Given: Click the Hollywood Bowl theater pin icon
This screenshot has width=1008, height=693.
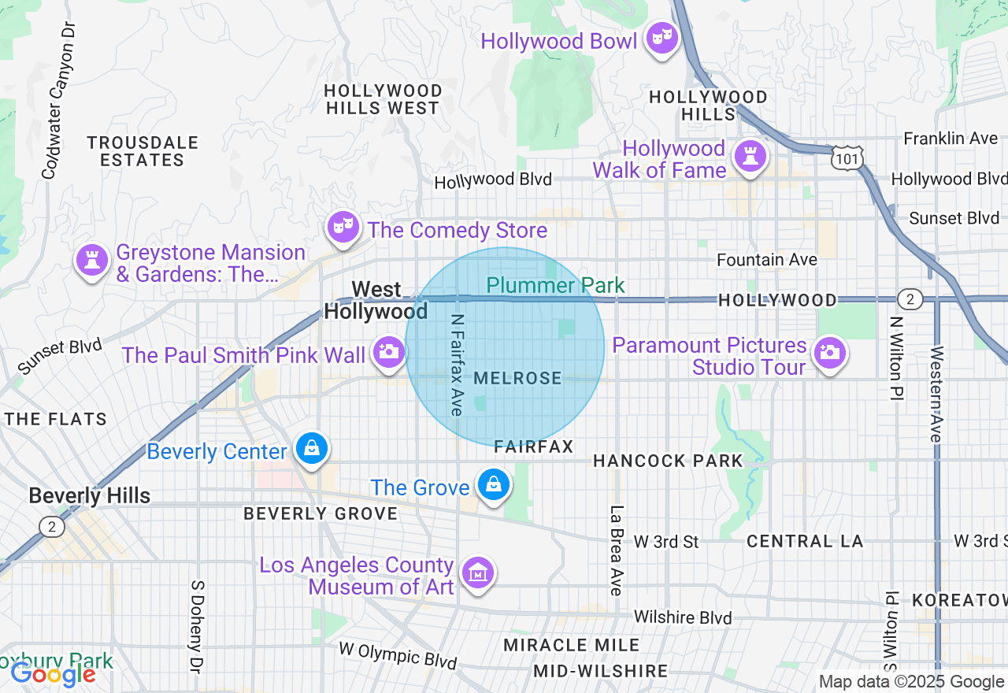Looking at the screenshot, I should [662, 37].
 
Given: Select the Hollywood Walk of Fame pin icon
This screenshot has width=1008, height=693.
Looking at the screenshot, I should [749, 157].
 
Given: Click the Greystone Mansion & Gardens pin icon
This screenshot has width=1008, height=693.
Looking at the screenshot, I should [91, 261].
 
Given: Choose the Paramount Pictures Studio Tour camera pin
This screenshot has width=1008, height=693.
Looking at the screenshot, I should [828, 353].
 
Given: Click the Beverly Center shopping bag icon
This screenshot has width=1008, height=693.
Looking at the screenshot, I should [312, 449].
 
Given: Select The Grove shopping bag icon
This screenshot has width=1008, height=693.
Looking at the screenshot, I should [494, 485].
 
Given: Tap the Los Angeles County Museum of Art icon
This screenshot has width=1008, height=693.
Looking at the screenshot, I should [477, 573].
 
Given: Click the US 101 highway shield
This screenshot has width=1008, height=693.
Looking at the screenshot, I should [847, 158].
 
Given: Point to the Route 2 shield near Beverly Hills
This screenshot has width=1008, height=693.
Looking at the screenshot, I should [51, 527].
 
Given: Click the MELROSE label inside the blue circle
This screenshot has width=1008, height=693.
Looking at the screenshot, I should [517, 379].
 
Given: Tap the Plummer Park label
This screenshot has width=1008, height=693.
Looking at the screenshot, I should [555, 285].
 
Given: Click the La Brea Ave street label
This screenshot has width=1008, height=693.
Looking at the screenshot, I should [617, 550].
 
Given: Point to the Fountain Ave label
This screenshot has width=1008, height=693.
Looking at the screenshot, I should [766, 259].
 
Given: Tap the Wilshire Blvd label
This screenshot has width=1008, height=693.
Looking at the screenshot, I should [683, 617].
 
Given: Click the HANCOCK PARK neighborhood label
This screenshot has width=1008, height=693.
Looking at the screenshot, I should [667, 461].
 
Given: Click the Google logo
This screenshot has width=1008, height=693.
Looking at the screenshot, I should [53, 674].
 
